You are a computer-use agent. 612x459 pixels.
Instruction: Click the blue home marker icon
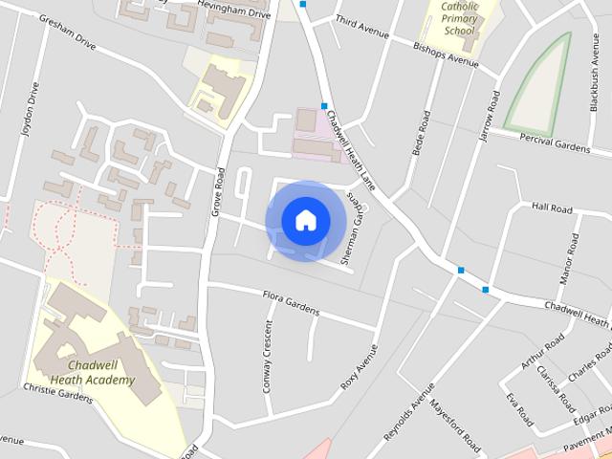click(x=305, y=220)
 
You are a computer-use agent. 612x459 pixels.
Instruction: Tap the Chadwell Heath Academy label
click(x=101, y=372)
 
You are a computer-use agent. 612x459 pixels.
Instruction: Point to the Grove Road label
click(x=218, y=191)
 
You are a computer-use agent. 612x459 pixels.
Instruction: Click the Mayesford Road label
click(x=455, y=421)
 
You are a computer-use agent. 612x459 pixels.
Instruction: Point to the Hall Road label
click(x=552, y=208)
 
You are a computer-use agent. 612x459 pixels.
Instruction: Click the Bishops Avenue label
click(x=445, y=55)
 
